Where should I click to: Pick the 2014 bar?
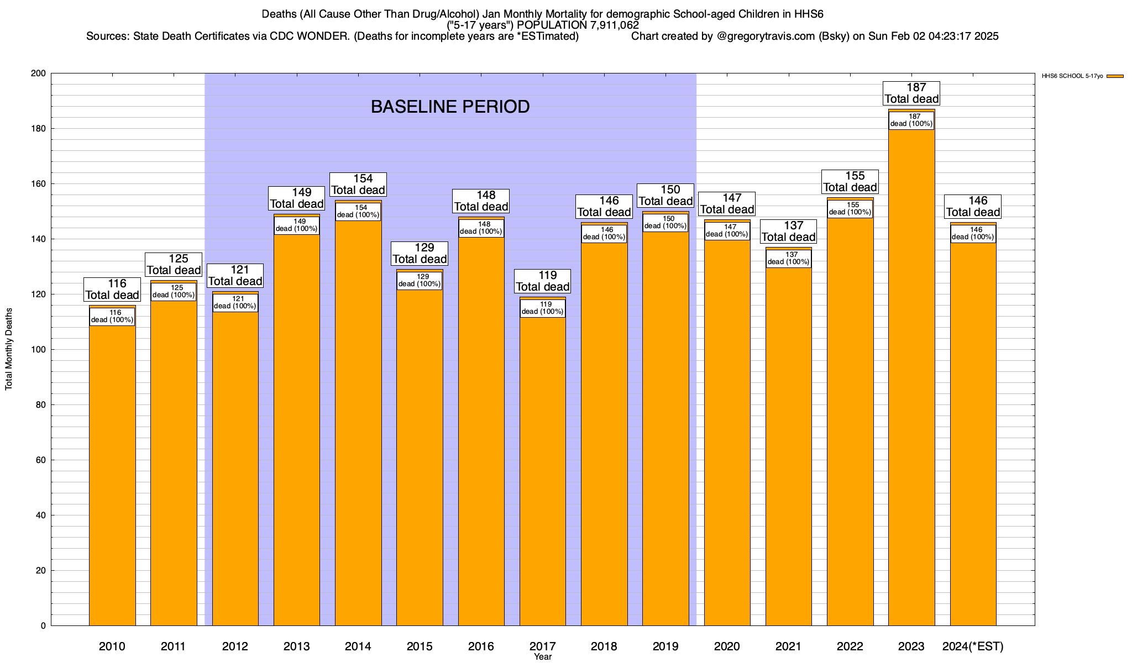(x=358, y=431)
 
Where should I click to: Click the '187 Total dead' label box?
(x=911, y=93)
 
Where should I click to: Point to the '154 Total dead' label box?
(x=358, y=185)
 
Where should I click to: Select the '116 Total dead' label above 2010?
(x=112, y=290)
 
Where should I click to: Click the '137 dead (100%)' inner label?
(x=789, y=259)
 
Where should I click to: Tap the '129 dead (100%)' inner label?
(x=420, y=281)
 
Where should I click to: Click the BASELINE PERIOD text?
(x=450, y=107)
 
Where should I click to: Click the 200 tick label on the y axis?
(x=39, y=73)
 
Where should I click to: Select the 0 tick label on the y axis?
(x=43, y=626)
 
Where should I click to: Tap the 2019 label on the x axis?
(x=665, y=646)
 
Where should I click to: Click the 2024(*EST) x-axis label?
(x=973, y=646)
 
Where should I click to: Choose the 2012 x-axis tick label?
(x=235, y=646)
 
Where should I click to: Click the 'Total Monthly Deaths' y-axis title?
(x=9, y=349)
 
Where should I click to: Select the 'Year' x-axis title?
(x=543, y=657)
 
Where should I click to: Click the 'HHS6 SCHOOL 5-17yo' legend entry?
(x=1072, y=76)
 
